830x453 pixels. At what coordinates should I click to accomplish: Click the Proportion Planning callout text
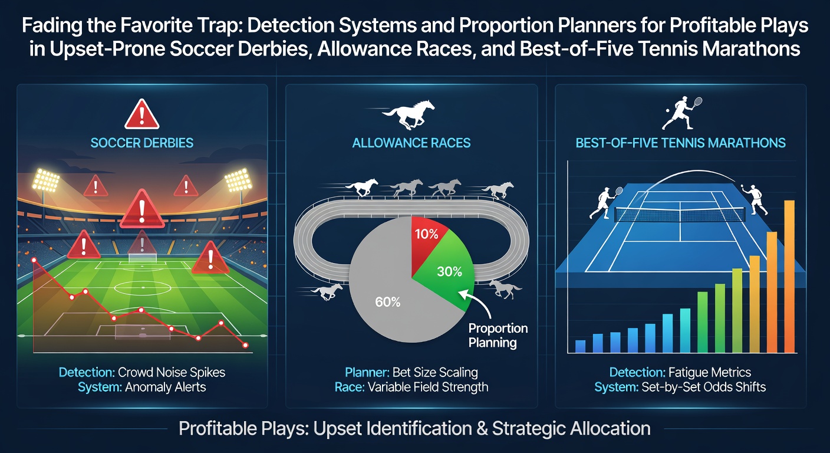[498, 335]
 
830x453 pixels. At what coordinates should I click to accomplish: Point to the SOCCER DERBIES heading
[142, 143]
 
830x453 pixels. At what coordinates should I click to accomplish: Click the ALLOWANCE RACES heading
[411, 143]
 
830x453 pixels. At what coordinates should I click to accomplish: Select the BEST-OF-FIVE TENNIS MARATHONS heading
[681, 143]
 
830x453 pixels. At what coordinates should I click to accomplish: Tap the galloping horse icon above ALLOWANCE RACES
[407, 114]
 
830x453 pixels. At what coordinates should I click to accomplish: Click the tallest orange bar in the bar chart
[789, 277]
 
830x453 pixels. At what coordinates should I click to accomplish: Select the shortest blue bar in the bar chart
[580, 346]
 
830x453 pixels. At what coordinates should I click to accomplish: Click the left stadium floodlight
[46, 180]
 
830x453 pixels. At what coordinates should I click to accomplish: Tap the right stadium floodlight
[239, 180]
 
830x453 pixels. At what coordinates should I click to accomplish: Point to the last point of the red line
[245, 345]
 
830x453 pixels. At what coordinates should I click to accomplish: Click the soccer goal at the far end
[142, 257]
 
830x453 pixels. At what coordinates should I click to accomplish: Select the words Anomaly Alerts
[165, 387]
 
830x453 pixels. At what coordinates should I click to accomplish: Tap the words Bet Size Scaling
[435, 372]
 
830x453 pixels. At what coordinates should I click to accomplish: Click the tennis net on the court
[680, 215]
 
